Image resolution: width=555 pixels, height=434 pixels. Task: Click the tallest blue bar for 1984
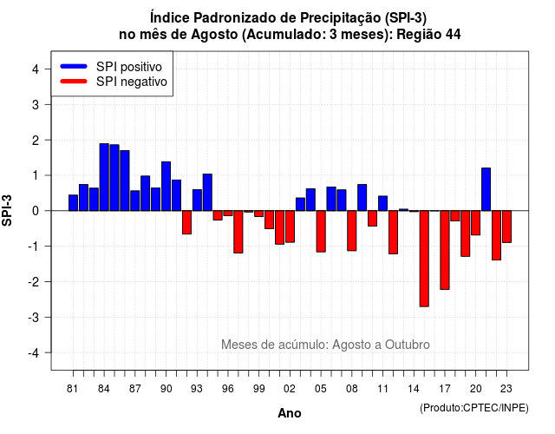(x=104, y=177)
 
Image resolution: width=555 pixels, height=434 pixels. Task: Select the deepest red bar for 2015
(x=424, y=259)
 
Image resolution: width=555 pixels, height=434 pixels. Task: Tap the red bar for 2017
(x=445, y=250)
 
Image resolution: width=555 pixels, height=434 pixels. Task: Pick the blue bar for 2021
(x=486, y=189)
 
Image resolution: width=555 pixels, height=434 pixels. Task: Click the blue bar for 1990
(x=166, y=187)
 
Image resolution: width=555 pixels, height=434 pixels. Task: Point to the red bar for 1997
(x=238, y=232)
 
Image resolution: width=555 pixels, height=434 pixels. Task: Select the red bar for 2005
(x=321, y=232)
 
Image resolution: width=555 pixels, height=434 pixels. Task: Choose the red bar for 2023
(x=506, y=227)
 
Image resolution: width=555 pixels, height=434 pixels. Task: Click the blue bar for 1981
(x=73, y=202)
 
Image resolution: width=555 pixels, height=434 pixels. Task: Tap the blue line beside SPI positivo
(x=74, y=66)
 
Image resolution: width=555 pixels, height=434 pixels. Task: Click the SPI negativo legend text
(x=132, y=82)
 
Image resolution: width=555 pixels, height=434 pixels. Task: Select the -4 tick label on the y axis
(x=34, y=352)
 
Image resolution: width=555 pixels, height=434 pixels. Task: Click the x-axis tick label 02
(x=290, y=389)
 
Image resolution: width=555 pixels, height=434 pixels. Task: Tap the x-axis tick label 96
(x=228, y=389)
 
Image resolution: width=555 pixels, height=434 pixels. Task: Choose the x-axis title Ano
(x=290, y=413)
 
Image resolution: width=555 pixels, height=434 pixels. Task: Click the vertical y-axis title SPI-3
(x=7, y=210)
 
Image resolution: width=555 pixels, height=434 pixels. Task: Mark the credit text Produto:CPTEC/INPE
(x=474, y=408)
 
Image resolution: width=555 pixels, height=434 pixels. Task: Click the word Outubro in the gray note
(x=408, y=345)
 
